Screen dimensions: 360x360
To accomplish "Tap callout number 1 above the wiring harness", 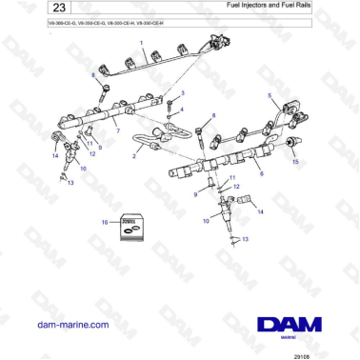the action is [143, 43].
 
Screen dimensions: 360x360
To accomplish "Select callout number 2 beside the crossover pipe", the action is [134, 154].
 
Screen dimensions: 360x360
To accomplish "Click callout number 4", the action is [181, 109].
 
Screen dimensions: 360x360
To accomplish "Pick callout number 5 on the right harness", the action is [270, 96].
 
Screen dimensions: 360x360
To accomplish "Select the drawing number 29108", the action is [329, 350].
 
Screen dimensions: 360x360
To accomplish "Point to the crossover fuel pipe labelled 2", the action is [157, 143].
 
